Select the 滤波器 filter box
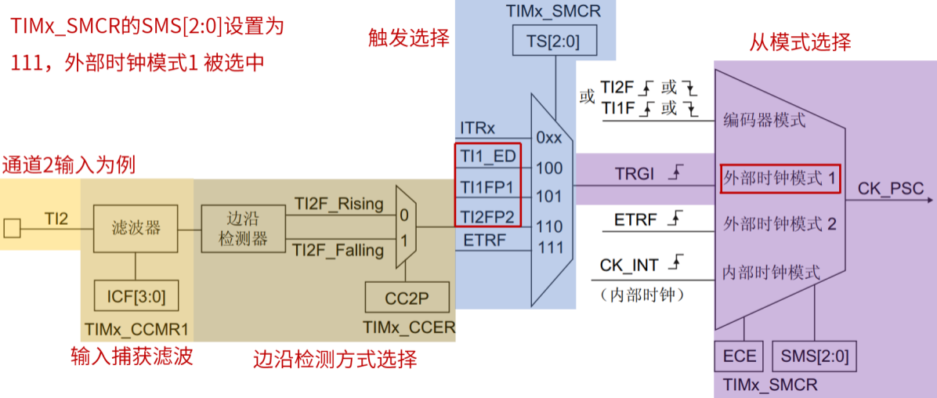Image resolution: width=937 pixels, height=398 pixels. click(x=136, y=228)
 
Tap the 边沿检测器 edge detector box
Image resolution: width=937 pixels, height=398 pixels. click(x=243, y=228)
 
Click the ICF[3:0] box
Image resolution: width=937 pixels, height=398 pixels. click(x=136, y=297)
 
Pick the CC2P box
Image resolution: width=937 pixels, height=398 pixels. click(x=407, y=297)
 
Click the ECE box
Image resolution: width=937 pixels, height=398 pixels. click(x=739, y=356)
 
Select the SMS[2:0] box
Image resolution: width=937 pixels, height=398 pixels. click(x=814, y=356)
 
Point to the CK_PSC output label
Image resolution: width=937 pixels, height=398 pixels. click(x=891, y=189)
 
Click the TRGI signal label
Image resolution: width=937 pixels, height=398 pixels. click(x=635, y=174)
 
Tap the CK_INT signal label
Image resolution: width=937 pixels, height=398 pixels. click(x=629, y=266)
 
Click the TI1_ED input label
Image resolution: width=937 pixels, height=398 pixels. click(x=487, y=157)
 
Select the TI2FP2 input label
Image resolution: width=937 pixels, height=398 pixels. click(x=487, y=216)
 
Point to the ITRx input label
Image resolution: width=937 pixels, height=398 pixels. click(x=477, y=128)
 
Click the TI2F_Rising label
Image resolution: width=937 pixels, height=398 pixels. click(x=338, y=204)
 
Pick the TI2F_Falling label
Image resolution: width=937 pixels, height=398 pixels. click(x=338, y=251)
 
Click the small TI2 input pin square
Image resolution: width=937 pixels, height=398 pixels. click(x=12, y=228)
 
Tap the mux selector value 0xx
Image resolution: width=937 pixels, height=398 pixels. click(x=548, y=138)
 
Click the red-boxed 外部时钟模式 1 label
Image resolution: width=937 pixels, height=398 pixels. click(x=779, y=179)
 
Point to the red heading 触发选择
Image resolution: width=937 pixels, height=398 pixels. click(x=409, y=38)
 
